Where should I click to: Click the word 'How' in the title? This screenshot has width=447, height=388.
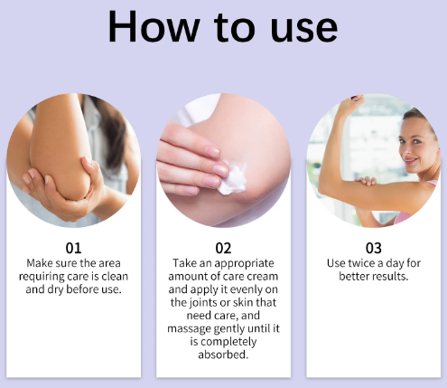point(154,27)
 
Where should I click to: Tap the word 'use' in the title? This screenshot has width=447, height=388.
point(304,30)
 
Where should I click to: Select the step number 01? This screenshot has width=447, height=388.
point(73,248)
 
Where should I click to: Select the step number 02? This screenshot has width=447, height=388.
point(223,248)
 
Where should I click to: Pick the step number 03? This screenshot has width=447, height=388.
point(374,248)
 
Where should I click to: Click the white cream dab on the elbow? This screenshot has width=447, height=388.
point(233,178)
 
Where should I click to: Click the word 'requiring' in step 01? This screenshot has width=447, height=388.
point(42,277)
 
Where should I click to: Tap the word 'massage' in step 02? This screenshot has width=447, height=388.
point(189,329)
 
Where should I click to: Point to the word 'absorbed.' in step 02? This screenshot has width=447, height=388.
point(223,355)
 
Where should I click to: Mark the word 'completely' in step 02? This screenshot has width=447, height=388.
point(228,342)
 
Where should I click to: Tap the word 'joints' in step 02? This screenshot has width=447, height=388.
point(200,303)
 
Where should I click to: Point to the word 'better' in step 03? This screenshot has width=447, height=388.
point(353,277)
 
